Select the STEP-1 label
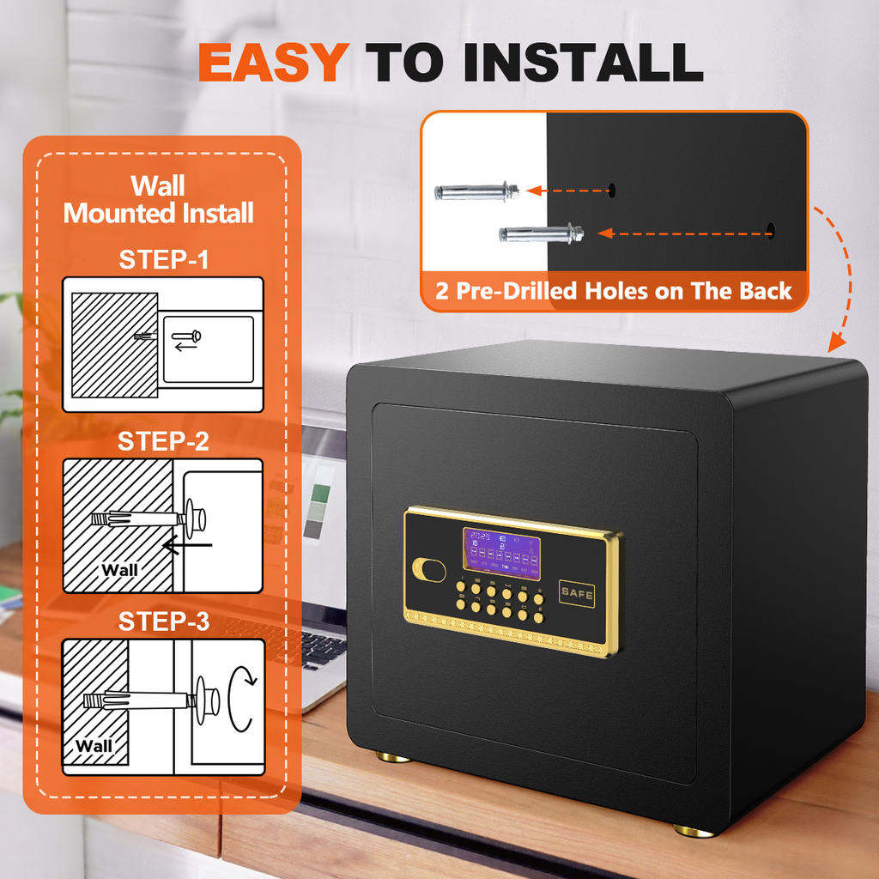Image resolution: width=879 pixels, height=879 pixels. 163,260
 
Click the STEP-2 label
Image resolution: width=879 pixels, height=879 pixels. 163,442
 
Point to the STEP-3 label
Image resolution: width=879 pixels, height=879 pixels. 163,621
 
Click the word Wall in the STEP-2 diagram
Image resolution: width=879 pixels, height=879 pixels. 119,569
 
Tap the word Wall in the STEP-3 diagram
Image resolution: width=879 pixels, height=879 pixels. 94,745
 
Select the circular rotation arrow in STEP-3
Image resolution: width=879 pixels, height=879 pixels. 243,700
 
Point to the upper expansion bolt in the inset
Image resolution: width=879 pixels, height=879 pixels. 476,191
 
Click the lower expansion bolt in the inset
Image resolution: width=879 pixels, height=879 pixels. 541,233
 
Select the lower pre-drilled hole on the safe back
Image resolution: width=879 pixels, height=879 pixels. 770,230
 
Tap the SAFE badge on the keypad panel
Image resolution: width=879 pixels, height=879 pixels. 577,593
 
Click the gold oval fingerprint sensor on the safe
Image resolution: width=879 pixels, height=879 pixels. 429,570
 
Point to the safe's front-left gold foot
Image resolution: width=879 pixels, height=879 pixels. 394,757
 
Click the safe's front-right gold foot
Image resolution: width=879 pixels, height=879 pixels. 694,830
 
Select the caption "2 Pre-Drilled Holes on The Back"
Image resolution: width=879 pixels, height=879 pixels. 613,291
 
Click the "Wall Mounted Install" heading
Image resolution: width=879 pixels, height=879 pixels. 159,199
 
